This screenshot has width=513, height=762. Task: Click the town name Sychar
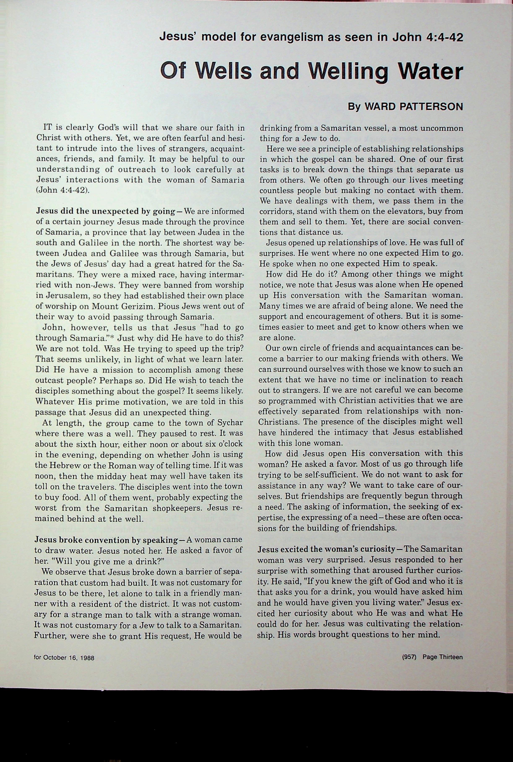tap(230, 423)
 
